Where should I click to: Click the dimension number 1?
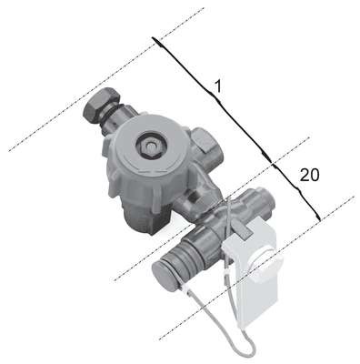(x=218, y=86)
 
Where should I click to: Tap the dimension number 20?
(x=310, y=176)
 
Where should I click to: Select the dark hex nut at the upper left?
(x=101, y=105)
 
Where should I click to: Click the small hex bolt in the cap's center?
(x=149, y=146)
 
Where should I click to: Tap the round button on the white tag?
(x=266, y=266)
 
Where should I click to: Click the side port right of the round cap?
(x=207, y=146)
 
